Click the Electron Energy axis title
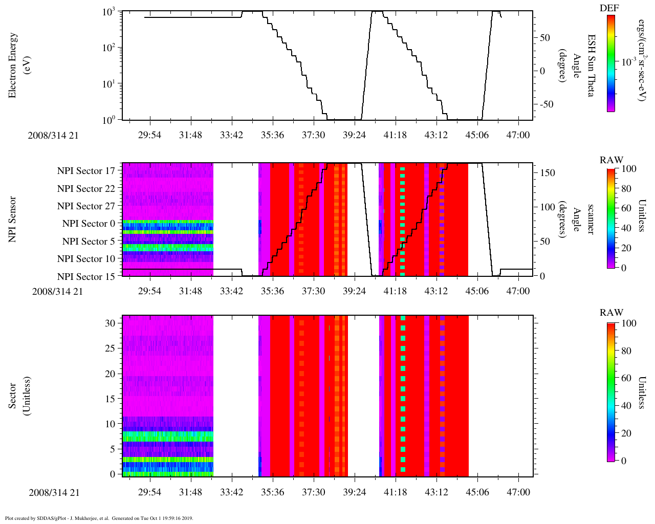pos(13,65)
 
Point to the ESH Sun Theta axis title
pos(591,65)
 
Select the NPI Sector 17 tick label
pos(86,171)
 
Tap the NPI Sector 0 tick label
pos(89,224)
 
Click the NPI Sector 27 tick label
pos(86,206)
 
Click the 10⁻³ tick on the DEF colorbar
pos(628,62)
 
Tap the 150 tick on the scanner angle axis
pos(548,173)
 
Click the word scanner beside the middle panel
pos(591,220)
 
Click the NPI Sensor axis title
pos(13,220)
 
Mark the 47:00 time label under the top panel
pos(518,135)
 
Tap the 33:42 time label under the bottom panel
pos(231,492)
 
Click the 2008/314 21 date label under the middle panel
pos(57,292)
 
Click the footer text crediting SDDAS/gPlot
pos(99,518)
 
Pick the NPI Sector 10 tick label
pos(86,259)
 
